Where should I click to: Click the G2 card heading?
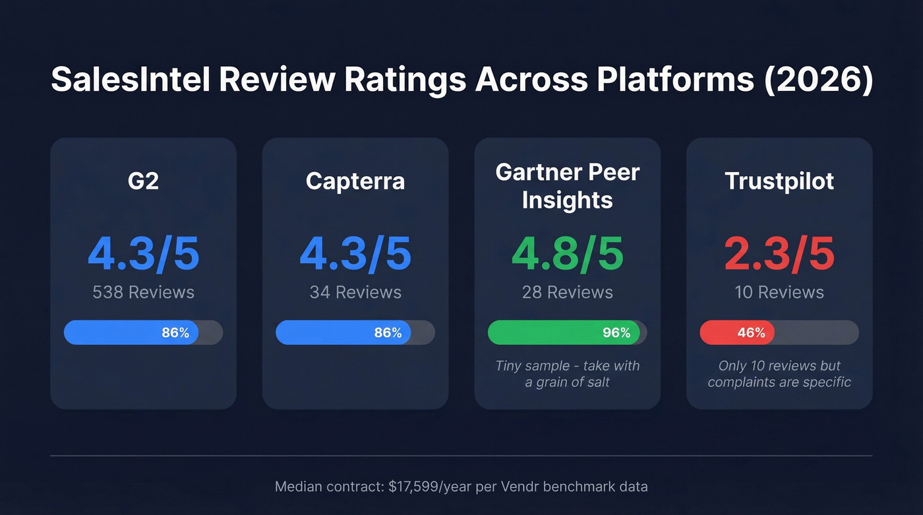(143, 181)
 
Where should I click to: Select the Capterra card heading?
(355, 181)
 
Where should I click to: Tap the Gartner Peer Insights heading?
(568, 186)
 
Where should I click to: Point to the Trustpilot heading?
(779, 181)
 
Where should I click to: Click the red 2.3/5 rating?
(779, 254)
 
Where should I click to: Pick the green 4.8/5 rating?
(568, 254)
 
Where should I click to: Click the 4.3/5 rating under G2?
(143, 254)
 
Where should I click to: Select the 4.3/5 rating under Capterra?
(355, 254)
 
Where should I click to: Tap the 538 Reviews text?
(143, 292)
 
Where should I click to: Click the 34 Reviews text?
(355, 292)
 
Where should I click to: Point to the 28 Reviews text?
(568, 292)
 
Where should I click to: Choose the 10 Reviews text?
(779, 292)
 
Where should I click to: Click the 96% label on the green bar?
(616, 333)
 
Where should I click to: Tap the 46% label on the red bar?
(751, 333)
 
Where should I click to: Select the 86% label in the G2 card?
(175, 333)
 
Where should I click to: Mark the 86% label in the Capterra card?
(388, 333)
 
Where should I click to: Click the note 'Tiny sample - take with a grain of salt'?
(568, 374)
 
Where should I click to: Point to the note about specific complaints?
(779, 374)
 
